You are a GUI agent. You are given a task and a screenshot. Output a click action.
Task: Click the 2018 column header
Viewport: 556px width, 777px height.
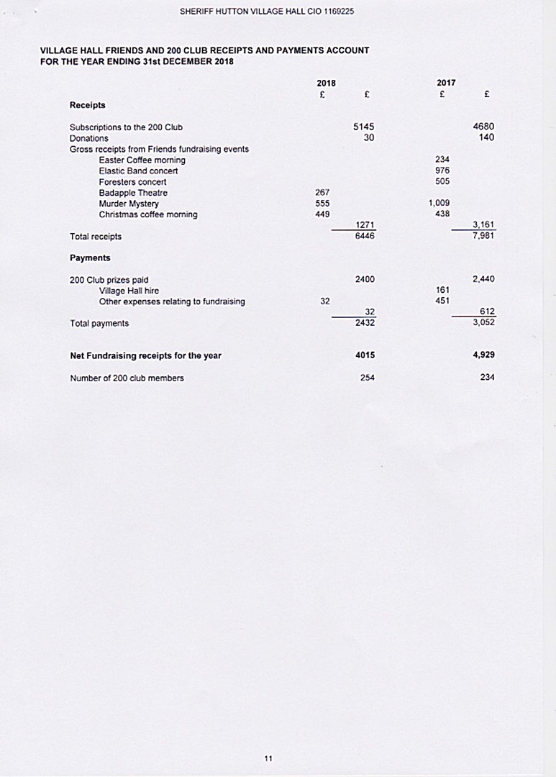pyautogui.click(x=326, y=83)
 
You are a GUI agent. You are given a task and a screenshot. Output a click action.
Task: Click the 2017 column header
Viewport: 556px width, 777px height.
pyautogui.click(x=445, y=83)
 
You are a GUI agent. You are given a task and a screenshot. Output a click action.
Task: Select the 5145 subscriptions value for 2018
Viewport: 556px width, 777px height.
pyautogui.click(x=364, y=127)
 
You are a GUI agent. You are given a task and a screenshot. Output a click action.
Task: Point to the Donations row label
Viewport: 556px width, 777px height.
pyautogui.click(x=88, y=138)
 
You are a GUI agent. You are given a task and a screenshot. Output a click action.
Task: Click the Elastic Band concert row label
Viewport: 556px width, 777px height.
pyautogui.click(x=138, y=171)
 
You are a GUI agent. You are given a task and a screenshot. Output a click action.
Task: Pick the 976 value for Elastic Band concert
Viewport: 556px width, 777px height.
pyautogui.click(x=442, y=171)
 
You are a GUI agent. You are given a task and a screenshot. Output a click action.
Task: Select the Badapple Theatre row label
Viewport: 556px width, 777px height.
pyautogui.click(x=133, y=193)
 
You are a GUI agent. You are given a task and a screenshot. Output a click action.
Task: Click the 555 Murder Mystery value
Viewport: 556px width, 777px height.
pyautogui.click(x=322, y=204)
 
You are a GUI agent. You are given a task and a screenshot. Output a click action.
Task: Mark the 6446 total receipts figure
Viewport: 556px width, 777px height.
pyautogui.click(x=364, y=236)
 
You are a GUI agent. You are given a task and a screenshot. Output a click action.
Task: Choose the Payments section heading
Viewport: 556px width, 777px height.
pyautogui.click(x=90, y=258)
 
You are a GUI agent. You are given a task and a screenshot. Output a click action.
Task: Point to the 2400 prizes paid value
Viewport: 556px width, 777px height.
pyautogui.click(x=364, y=279)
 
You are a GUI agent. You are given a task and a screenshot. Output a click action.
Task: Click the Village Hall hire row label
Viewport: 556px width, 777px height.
pyautogui.click(x=128, y=291)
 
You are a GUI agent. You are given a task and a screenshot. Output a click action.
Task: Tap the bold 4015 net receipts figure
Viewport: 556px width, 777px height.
pyautogui.click(x=365, y=355)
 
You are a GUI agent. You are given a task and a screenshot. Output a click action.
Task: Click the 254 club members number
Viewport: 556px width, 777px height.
pyautogui.click(x=367, y=378)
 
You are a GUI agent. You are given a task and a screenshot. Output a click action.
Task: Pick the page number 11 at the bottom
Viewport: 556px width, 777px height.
pyautogui.click(x=268, y=758)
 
